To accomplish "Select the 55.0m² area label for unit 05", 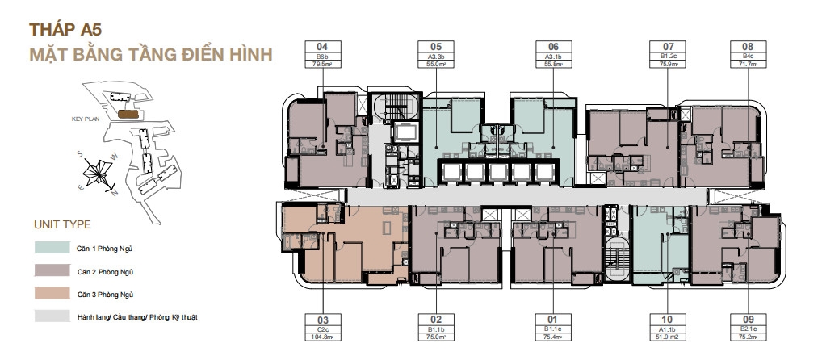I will click(436, 63).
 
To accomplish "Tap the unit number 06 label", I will click(553, 46).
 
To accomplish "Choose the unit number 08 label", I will click(747, 46).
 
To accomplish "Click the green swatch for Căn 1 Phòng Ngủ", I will click(51, 248).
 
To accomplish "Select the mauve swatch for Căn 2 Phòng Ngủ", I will click(51, 270).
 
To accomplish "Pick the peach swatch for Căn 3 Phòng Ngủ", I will click(51, 294).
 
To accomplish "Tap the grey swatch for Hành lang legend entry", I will click(51, 317).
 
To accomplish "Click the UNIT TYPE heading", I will click(62, 224).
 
